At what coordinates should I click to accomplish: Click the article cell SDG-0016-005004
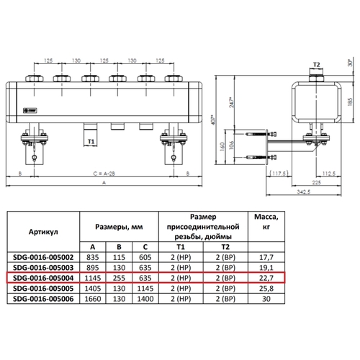43,278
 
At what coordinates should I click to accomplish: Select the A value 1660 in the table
93,299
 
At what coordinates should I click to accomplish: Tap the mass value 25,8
266,289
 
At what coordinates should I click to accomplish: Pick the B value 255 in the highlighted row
119,278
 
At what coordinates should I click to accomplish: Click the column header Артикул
43,232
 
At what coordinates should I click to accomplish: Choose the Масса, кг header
266,222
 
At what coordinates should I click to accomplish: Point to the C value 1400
145,299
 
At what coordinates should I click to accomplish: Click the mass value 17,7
266,257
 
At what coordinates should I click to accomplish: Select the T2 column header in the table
225,247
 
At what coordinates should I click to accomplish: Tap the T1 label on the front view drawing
91,142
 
